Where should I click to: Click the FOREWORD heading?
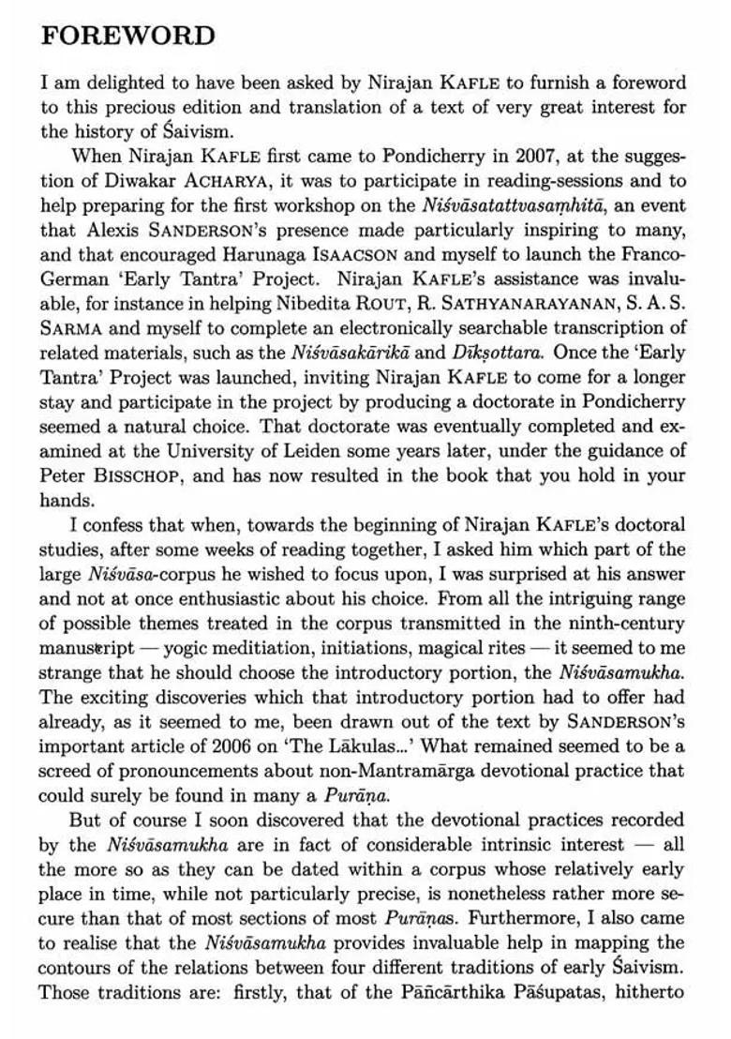[x=128, y=36]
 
